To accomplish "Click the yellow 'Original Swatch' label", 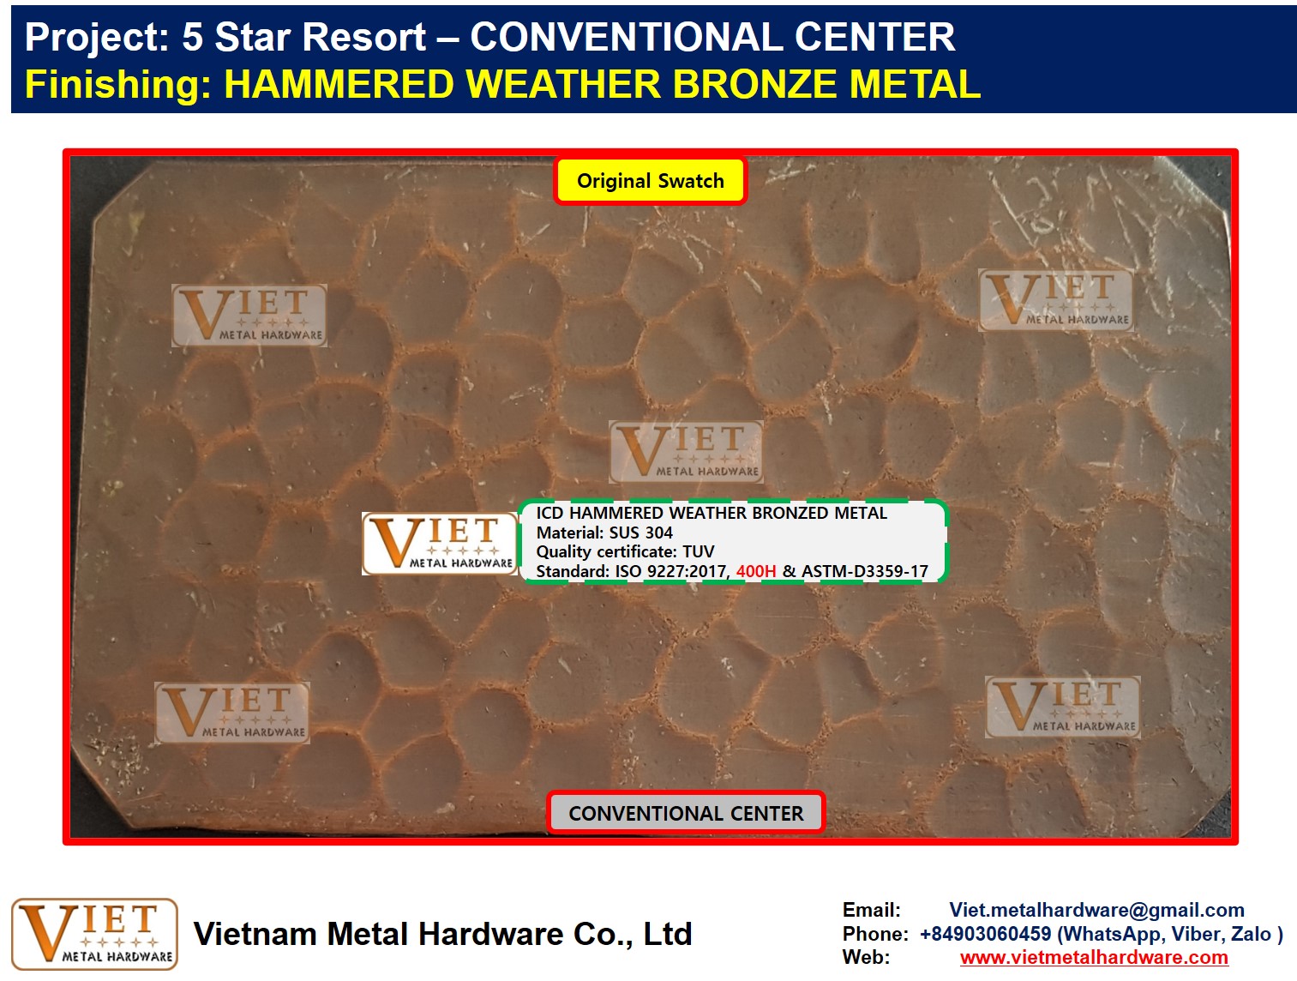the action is tap(650, 181).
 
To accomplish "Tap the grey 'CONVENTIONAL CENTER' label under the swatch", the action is tap(686, 813).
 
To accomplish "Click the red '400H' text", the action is tap(756, 571).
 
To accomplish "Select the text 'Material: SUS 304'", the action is tap(604, 533).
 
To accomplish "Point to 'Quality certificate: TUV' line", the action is tap(625, 551).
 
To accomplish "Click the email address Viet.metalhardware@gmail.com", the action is tap(1096, 910).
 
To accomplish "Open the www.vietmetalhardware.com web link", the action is tap(1095, 957).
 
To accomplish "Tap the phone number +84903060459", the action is tap(986, 934).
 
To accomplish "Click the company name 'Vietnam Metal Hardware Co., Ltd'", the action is tap(442, 935).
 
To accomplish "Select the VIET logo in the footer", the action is tap(94, 935).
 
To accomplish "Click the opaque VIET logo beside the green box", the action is tap(441, 544).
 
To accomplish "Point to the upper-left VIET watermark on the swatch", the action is tap(249, 316).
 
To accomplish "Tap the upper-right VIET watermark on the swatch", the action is tap(1056, 299).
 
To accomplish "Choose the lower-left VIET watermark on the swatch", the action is tap(231, 713).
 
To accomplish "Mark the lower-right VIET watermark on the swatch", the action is tap(1062, 707).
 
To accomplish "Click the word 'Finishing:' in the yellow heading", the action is tap(118, 85).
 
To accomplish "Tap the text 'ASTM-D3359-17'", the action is tap(864, 571).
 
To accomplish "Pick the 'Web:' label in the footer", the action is tap(866, 957).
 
